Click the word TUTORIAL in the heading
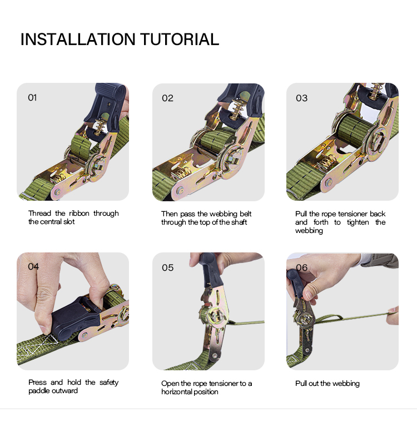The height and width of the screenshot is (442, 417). click(180, 39)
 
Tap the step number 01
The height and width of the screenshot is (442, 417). click(32, 98)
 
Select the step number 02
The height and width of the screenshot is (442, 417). click(167, 98)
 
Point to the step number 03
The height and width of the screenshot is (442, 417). click(302, 98)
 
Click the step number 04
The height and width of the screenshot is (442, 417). click(33, 266)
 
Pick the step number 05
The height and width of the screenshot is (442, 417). click(167, 267)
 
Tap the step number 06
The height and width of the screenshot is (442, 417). click(302, 267)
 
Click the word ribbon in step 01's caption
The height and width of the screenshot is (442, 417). click(79, 213)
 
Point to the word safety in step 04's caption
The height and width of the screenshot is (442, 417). click(109, 383)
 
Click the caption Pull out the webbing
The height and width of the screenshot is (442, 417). click(327, 384)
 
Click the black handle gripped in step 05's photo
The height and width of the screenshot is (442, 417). click(211, 271)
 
